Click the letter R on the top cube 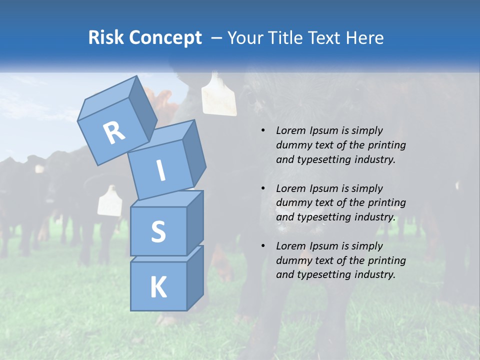pos(114,132)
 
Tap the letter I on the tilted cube pos(160,170)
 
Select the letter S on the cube pos(158,231)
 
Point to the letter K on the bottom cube pos(158,287)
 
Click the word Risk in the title pos(105,38)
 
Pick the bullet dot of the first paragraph pos(263,131)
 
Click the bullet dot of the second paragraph pos(263,188)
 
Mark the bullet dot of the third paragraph pos(263,246)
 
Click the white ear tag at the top pos(218,95)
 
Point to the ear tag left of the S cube pos(109,201)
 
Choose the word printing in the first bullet pos(386,145)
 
